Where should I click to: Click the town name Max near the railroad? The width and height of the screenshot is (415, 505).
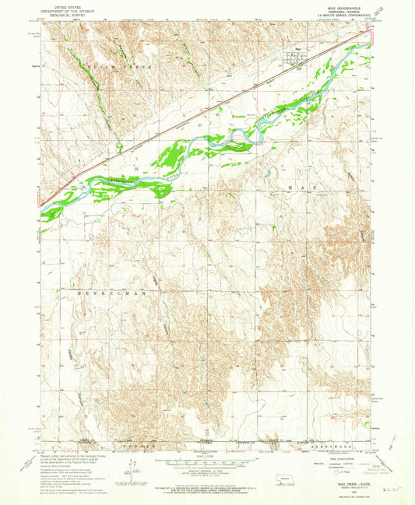coord(297,53)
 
